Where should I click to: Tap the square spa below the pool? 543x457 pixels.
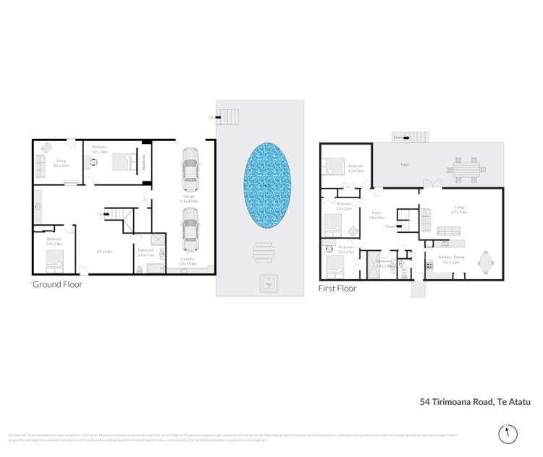coord(269,282)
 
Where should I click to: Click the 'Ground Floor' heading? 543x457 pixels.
coord(57,285)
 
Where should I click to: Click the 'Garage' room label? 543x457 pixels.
coord(188,195)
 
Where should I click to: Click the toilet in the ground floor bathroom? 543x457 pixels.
coord(140,270)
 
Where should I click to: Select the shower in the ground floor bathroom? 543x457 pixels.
coord(156,241)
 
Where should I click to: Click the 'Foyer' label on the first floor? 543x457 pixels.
coord(376,213)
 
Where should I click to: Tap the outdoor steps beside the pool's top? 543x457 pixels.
coord(228,116)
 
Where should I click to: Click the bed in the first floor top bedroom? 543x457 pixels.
coord(334,167)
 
